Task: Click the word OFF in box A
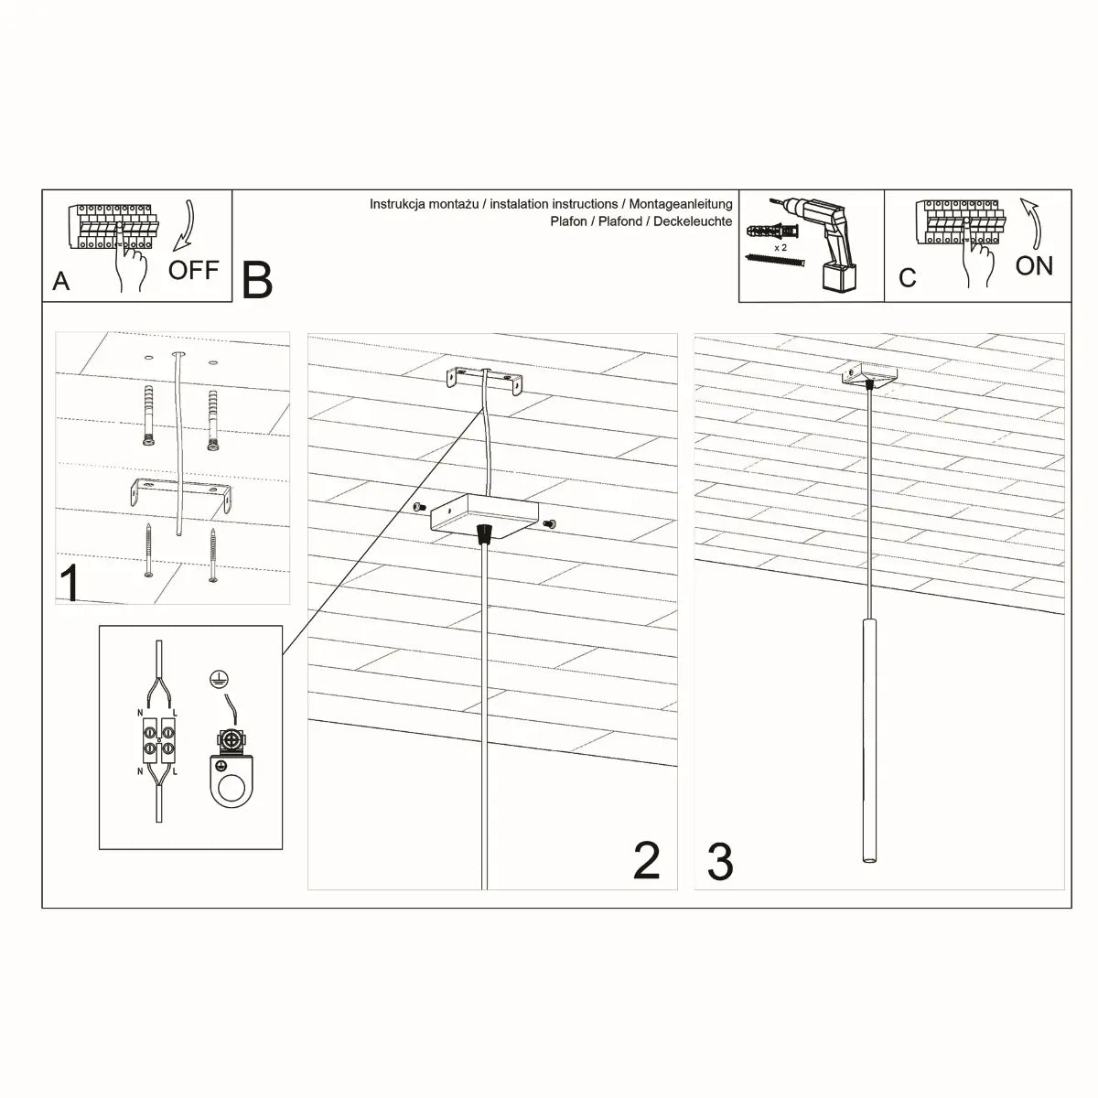(193, 270)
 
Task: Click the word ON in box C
(1034, 265)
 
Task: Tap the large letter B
(257, 281)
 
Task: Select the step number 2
(646, 862)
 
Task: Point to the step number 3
(720, 863)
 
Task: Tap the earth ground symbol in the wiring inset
(218, 679)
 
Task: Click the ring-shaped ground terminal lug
(232, 785)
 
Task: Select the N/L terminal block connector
(159, 739)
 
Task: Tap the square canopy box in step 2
(485, 517)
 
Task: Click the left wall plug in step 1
(148, 415)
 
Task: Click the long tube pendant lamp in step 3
(867, 741)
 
